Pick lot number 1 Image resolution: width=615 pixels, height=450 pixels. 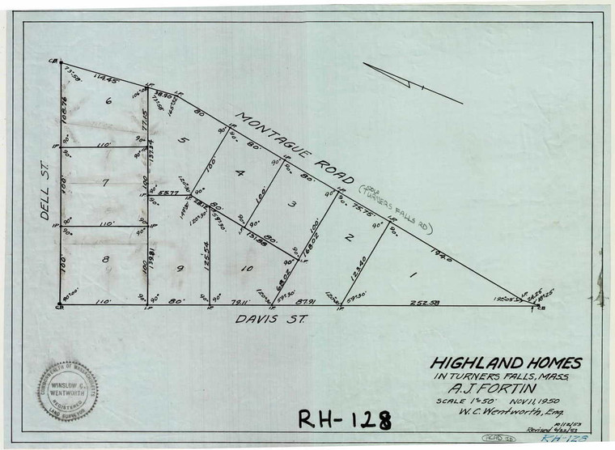tap(413, 277)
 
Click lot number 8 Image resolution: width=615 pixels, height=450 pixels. tap(104, 259)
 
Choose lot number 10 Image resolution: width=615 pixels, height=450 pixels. tap(246, 268)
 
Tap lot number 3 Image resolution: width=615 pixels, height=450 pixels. tap(294, 205)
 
